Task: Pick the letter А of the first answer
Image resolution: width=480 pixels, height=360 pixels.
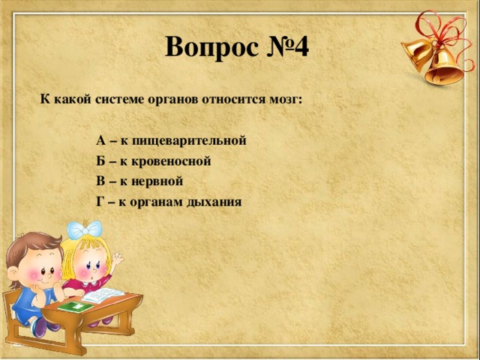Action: pos(101,140)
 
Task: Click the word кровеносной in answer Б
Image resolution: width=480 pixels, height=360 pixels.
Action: pos(175,160)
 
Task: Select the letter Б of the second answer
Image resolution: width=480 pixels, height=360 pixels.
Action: pos(101,160)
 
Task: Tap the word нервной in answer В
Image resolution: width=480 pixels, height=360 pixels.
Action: pos(156,181)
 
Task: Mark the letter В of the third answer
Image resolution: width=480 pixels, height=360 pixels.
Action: pos(101,181)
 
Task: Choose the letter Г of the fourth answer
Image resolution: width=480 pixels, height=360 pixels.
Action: pos(100,201)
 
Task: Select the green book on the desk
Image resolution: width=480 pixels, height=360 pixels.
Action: pos(73,307)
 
